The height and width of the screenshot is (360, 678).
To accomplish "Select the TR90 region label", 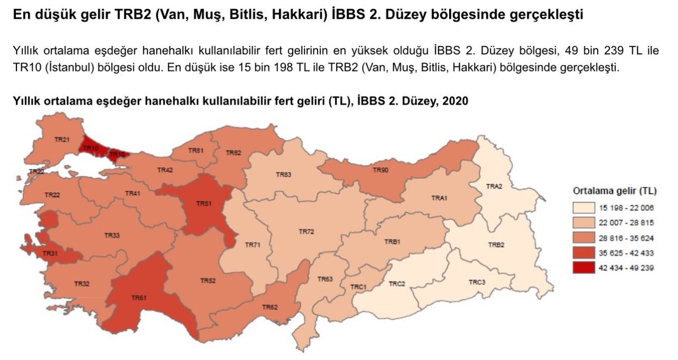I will tap(380, 170).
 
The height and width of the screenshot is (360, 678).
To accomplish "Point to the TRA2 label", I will tap(494, 186).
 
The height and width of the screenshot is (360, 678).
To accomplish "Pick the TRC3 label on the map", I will tap(477, 282).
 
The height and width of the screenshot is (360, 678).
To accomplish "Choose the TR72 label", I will tap(306, 232).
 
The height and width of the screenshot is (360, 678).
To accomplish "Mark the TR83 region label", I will tap(284, 175).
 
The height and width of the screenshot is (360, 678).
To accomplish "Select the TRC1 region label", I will tap(358, 287).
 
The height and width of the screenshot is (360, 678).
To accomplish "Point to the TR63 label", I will tap(325, 279).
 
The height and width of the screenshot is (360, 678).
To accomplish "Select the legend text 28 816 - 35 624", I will tap(631, 238).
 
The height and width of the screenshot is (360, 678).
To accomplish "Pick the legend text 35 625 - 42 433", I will tap(631, 253).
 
